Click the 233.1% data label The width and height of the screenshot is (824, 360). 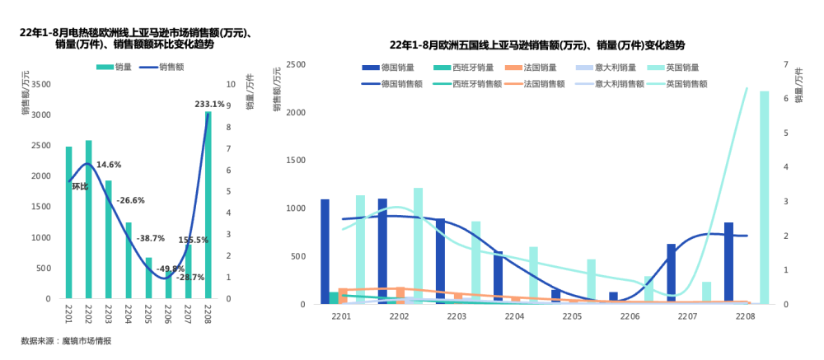[209, 105]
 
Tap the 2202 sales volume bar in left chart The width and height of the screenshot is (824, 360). [89, 218]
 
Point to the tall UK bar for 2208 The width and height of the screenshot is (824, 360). [764, 198]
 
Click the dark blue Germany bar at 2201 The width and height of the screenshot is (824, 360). [325, 251]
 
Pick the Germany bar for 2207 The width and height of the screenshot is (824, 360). [671, 274]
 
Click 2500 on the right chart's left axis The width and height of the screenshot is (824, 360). [294, 64]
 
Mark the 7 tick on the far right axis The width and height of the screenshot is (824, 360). [786, 64]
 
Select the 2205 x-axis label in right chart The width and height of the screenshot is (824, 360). [572, 316]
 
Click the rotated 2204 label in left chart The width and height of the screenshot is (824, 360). [129, 314]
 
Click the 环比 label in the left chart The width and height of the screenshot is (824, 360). [80, 186]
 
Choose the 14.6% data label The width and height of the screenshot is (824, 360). [109, 165]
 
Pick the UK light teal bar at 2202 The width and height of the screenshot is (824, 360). [419, 245]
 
